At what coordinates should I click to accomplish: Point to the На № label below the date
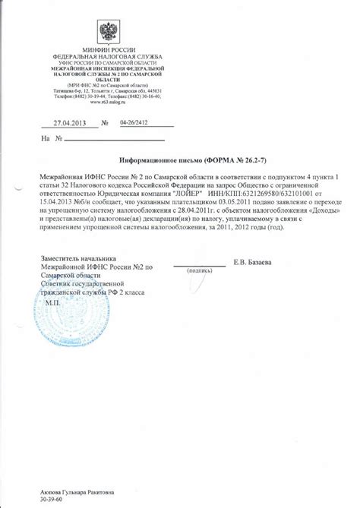point(31,139)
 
